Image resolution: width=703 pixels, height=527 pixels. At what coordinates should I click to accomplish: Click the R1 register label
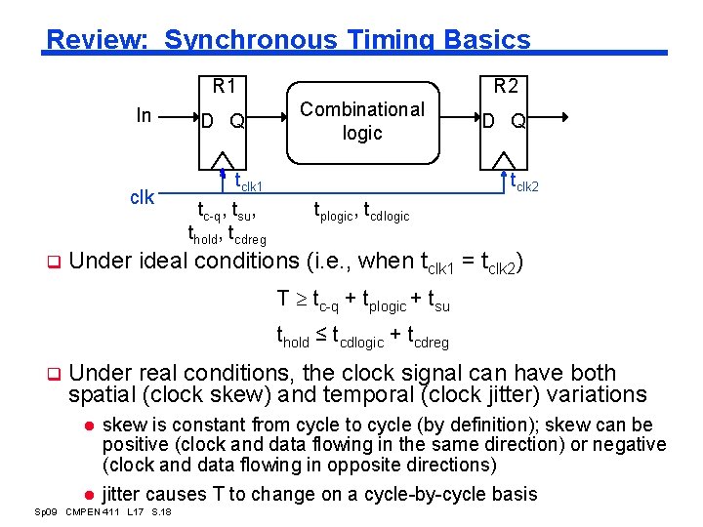click(x=225, y=86)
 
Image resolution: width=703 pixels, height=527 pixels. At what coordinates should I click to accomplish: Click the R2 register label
click(x=506, y=86)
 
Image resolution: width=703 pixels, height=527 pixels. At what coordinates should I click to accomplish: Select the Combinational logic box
click(x=362, y=121)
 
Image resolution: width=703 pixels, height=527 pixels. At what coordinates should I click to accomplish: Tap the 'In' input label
click(x=144, y=116)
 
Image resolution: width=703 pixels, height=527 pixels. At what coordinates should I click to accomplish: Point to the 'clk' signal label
click(x=142, y=197)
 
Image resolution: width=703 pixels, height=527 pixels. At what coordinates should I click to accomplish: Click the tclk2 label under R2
click(x=525, y=182)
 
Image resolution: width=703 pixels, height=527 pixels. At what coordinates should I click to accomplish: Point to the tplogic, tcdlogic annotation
click(x=361, y=210)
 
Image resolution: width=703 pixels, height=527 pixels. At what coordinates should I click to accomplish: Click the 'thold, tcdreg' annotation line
click(x=227, y=233)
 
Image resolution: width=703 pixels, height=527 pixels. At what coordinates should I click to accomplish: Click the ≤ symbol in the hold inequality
click(x=320, y=337)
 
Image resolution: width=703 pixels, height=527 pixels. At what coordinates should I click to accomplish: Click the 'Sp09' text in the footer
click(x=44, y=513)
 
